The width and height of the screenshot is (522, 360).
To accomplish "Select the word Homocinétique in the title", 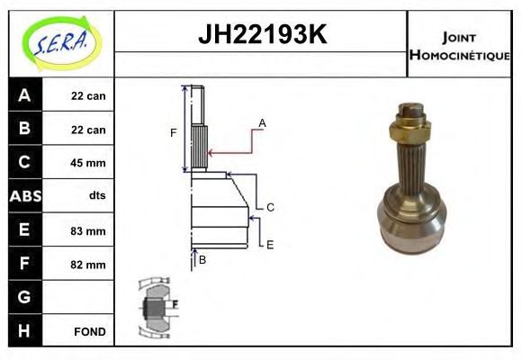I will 459,55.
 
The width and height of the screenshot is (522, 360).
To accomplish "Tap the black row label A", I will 24,95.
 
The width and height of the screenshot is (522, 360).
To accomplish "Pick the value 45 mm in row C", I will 88,163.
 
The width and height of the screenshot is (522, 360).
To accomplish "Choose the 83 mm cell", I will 88,230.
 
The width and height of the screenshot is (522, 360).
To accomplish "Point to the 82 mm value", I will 88,265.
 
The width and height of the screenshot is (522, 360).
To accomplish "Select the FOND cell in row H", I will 88,331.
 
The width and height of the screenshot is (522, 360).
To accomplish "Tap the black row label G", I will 24,297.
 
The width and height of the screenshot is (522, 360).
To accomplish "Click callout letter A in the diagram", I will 262,122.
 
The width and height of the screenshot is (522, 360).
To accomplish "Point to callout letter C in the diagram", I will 269,207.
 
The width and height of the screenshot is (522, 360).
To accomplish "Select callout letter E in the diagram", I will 269,243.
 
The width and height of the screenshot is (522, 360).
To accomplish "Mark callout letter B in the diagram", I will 202,260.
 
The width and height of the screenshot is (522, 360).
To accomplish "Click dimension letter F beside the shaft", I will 173,133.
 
